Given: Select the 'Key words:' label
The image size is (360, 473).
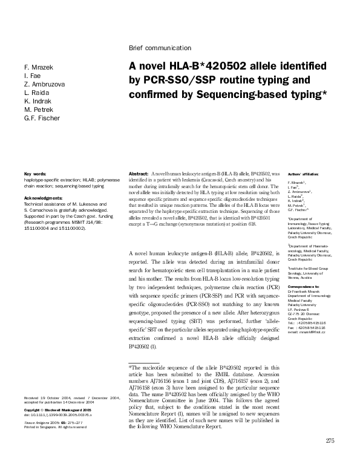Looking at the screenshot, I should (x=35, y=174).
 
